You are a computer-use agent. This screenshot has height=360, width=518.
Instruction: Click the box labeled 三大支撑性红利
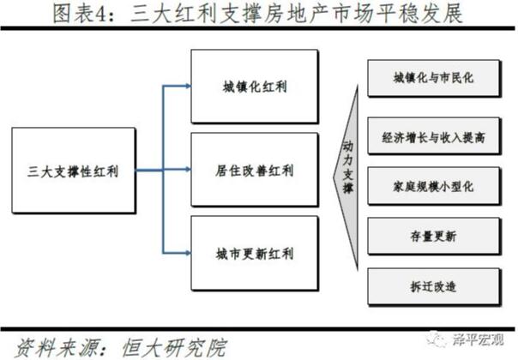pyautogui.click(x=74, y=171)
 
